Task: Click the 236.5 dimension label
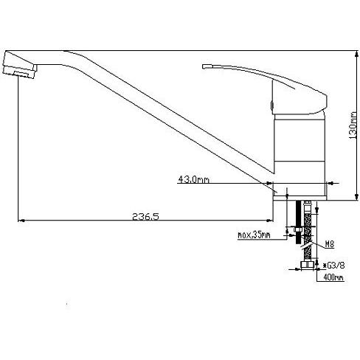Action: (145, 216)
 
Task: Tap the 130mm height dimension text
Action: (353, 125)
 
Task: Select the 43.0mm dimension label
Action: (193, 179)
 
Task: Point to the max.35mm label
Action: (254, 235)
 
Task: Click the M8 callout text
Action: (330, 244)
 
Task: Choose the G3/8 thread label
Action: (334, 266)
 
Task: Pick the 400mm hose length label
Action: (333, 277)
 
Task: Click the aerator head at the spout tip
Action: (20, 65)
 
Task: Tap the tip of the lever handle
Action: (204, 66)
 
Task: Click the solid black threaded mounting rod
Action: (298, 222)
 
